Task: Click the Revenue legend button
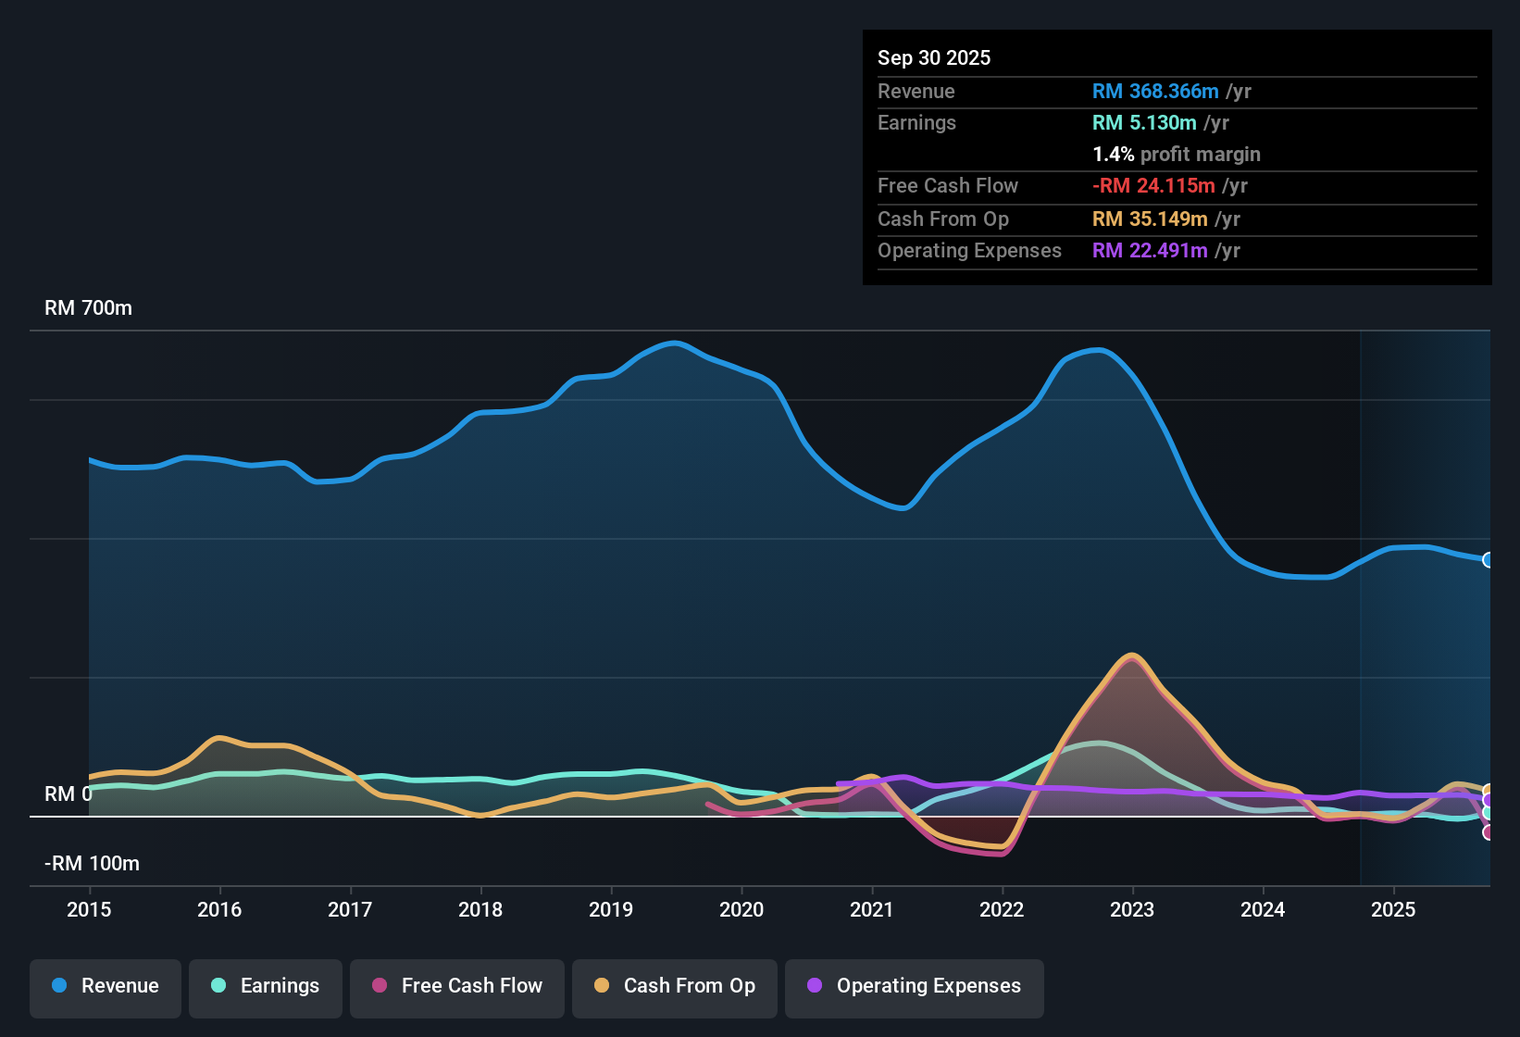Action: pos(106,986)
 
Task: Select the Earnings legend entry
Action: pos(266,986)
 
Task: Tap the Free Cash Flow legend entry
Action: pos(457,986)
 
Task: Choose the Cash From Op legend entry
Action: pos(675,986)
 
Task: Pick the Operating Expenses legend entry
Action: pos(915,986)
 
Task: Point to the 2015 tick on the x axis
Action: pos(89,909)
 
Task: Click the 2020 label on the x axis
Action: pos(741,909)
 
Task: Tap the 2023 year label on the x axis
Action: pos(1132,909)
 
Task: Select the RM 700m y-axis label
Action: pos(88,308)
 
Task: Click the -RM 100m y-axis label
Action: pos(92,864)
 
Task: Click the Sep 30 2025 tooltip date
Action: pos(934,57)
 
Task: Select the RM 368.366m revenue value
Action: pos(1155,91)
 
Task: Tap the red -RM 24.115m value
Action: pos(1153,185)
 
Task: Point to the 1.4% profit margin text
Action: pos(1177,154)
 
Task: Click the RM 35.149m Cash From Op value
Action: pos(1150,219)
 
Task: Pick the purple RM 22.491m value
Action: pos(1150,250)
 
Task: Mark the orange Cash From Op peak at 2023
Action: pos(1131,656)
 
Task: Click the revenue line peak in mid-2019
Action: pos(675,344)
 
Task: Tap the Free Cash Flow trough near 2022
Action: pos(1000,854)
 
